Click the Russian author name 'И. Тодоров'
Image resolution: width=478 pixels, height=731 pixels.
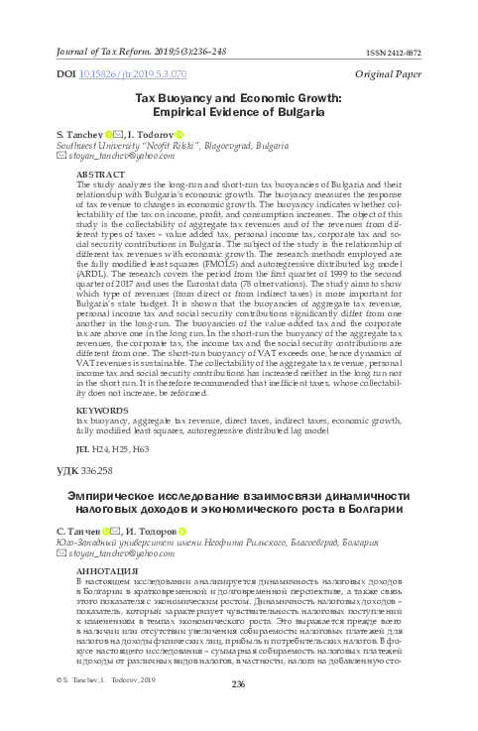click(147, 533)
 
